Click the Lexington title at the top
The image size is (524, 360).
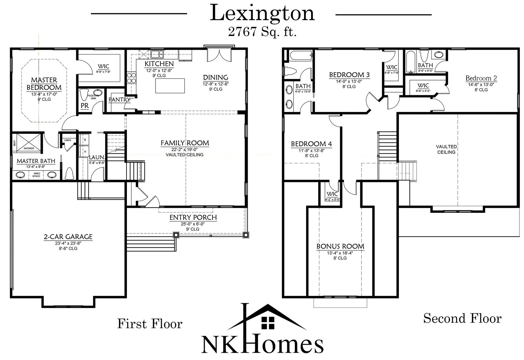point(262,14)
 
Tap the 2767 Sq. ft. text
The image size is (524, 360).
point(262,32)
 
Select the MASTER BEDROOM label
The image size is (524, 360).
point(44,84)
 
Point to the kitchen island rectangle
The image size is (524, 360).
point(170,86)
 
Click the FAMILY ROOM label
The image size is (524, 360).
point(185,143)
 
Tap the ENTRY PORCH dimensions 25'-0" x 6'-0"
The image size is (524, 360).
point(193,224)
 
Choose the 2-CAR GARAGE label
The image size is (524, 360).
point(68,237)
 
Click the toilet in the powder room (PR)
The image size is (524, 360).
point(83,95)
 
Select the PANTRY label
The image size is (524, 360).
point(119,99)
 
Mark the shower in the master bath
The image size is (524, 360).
point(28,141)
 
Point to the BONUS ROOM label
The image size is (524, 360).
point(340,246)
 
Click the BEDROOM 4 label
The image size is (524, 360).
point(311,144)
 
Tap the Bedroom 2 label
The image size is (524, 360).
point(481,78)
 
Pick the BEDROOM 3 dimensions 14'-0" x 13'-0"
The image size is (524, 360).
point(349,81)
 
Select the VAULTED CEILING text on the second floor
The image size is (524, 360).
point(446,149)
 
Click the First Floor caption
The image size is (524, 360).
point(150,324)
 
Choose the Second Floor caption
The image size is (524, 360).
point(462,318)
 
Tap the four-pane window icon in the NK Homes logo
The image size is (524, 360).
point(268,323)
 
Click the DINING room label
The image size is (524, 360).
point(216,78)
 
